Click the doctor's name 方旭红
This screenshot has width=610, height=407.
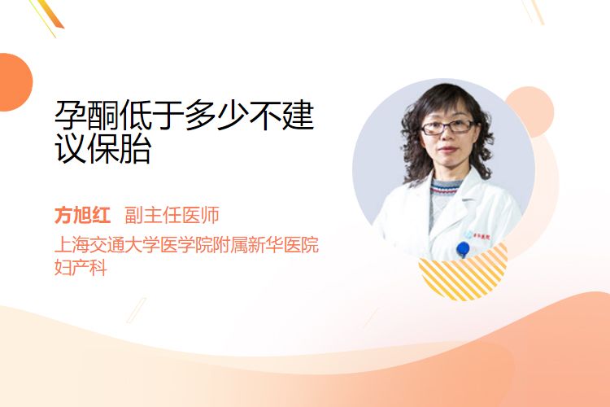tap(82, 215)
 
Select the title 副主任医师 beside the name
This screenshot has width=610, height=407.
tap(172, 215)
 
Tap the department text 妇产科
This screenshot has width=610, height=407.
tap(81, 267)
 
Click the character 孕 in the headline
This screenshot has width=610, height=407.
tap(71, 116)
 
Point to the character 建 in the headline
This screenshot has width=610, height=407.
tap(298, 116)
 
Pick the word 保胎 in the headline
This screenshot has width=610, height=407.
tap(119, 149)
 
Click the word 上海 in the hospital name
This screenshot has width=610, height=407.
tap(72, 244)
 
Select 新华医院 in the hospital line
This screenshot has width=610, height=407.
tap(284, 244)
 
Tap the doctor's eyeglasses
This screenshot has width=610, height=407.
tap(447, 127)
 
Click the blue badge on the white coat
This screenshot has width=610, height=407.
tap(463, 249)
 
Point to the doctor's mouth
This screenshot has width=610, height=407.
tap(448, 150)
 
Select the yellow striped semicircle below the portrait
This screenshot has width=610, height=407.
tap(464, 273)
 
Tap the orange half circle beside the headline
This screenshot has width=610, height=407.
tap(15, 82)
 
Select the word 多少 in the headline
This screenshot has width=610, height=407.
tap(216, 116)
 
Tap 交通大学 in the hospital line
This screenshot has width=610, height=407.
tap(124, 244)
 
